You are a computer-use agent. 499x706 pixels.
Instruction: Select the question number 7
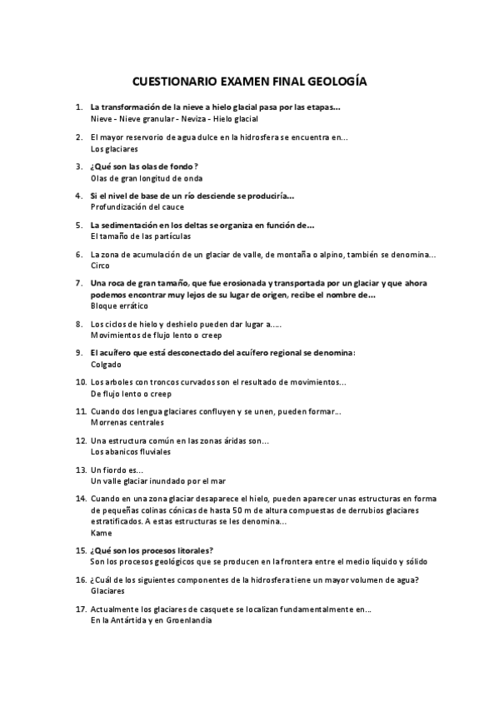[x=79, y=283]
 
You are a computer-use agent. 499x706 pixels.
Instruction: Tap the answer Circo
[x=99, y=265]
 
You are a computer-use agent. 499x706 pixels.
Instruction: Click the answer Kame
[x=100, y=531]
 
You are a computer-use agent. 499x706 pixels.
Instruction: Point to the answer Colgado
[x=104, y=364]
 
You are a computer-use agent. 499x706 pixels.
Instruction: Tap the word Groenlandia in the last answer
[x=189, y=620]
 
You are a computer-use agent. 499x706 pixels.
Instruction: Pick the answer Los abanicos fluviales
[x=131, y=451]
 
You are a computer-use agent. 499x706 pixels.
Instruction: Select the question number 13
[x=81, y=470]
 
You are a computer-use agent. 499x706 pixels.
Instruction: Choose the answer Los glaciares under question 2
[x=114, y=149]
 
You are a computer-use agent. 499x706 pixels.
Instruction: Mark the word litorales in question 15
[x=194, y=550]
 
